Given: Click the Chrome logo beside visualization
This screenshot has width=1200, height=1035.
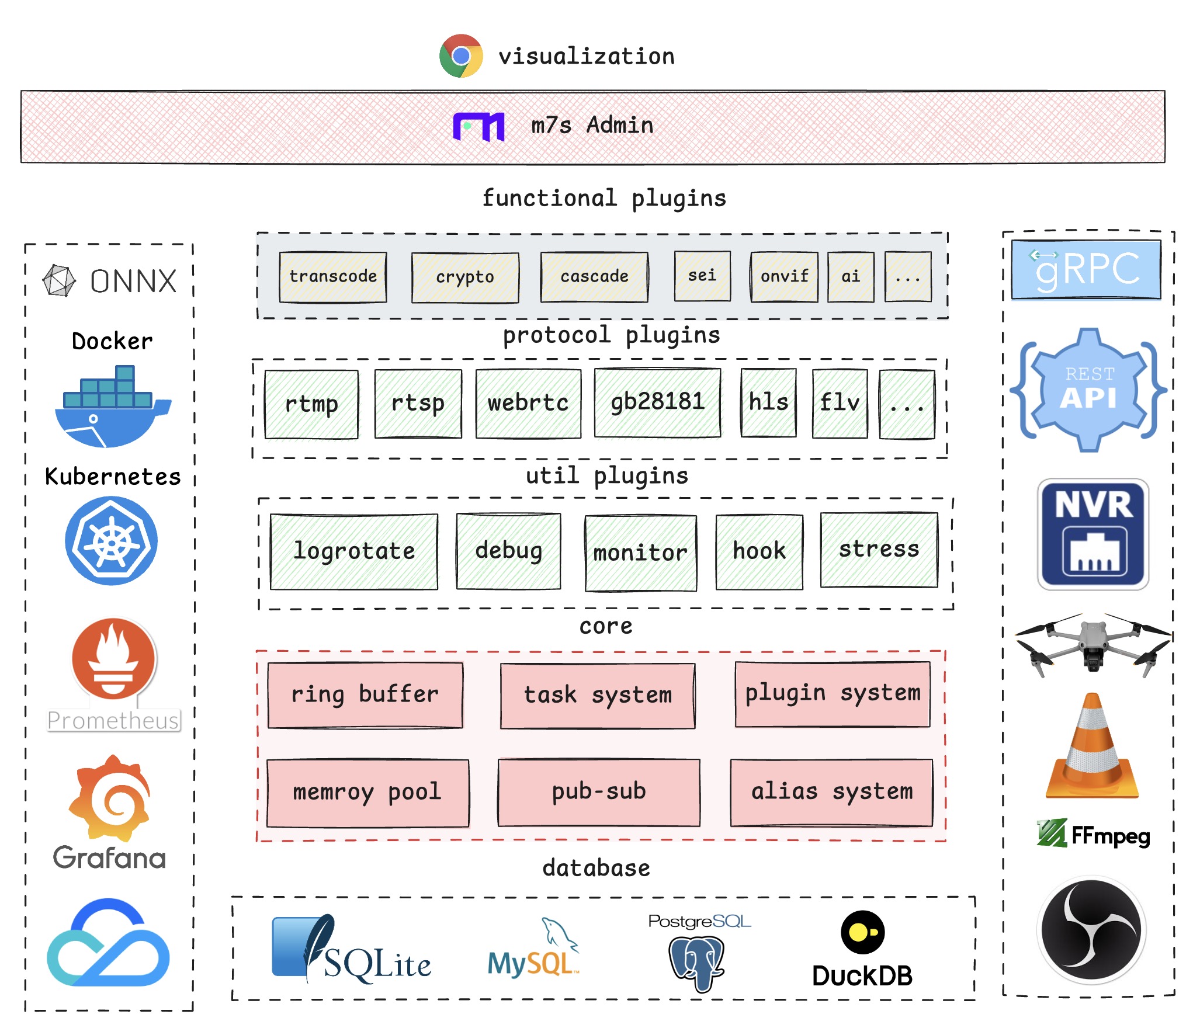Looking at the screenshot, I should coord(461,56).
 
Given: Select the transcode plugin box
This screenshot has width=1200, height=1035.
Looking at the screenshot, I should coord(333,277).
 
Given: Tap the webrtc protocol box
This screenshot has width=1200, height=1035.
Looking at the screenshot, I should coord(528,403).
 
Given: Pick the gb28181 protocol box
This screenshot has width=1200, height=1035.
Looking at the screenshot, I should coord(657,402).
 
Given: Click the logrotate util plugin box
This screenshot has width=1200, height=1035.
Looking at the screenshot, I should coord(354,551).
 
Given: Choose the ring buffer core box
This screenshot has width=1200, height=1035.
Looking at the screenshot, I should coord(365,695).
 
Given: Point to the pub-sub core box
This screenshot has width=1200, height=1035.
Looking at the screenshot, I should coord(599,792).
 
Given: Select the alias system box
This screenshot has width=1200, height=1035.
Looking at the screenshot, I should coord(831,792).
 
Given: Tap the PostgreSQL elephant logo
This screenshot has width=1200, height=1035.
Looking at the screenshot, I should coord(696,961).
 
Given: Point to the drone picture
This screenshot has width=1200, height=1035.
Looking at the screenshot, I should coord(1093,644).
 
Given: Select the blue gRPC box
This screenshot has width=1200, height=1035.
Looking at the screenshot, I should coord(1086,270).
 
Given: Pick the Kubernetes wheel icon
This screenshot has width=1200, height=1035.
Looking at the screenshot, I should coord(111,541).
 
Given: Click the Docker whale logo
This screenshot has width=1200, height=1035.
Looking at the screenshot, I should coord(112,407).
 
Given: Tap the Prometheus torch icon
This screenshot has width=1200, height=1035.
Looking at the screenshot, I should coord(114,659).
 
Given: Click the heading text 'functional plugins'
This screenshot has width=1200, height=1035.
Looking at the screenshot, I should coord(604,199).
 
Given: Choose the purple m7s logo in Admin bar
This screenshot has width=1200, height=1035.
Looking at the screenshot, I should coord(478,126).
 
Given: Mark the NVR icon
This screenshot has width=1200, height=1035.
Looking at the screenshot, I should coord(1093,534).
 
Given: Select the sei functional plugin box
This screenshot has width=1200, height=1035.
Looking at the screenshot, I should coord(702,276).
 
